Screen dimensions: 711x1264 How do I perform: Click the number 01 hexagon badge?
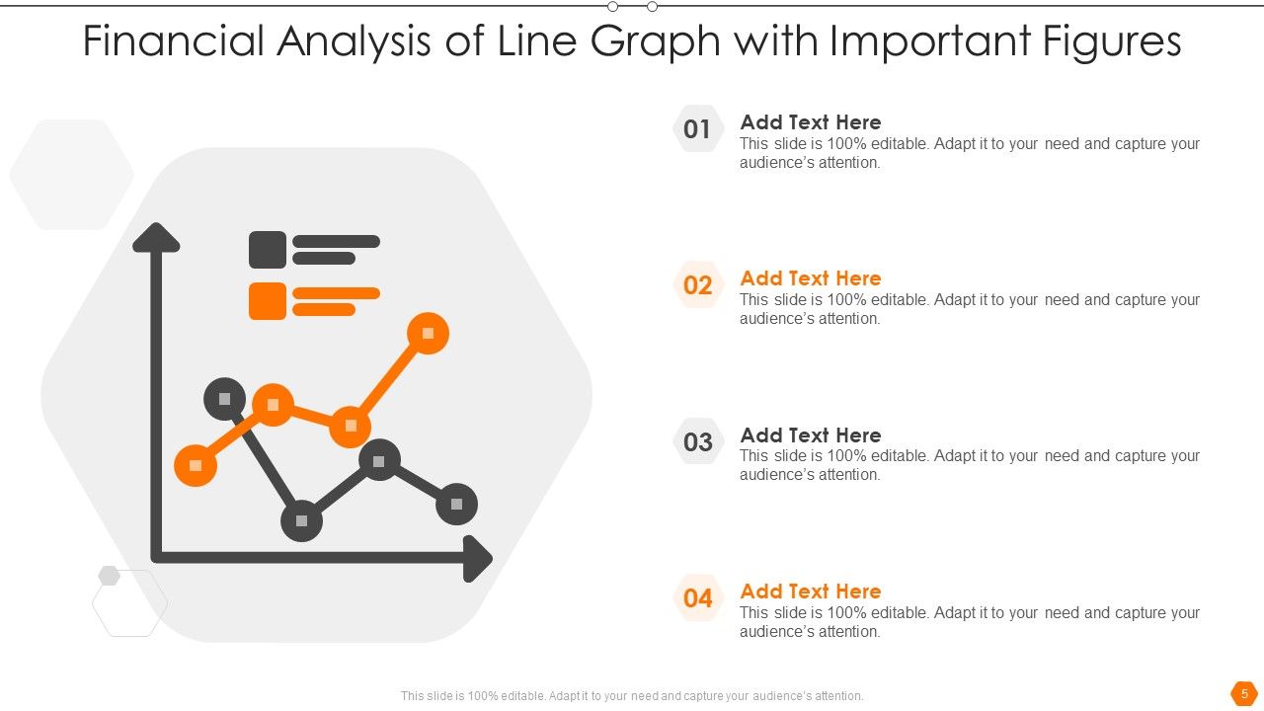tap(697, 129)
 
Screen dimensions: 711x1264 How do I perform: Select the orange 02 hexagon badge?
tap(697, 285)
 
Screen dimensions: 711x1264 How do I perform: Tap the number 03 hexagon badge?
tap(697, 441)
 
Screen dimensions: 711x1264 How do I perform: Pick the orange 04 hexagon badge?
tap(697, 597)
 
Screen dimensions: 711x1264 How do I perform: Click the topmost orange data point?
tap(428, 333)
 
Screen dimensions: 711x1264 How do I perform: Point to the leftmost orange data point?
tap(196, 465)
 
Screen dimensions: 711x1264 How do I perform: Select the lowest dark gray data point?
tap(301, 520)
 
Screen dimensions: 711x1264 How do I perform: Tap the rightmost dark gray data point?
tap(456, 504)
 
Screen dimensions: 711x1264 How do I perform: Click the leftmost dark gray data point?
tap(224, 398)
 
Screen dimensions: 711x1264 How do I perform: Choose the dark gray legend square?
tap(268, 250)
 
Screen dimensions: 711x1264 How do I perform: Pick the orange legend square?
tap(268, 301)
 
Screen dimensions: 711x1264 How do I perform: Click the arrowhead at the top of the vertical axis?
tap(156, 237)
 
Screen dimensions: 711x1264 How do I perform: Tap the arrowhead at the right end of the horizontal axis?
tap(479, 559)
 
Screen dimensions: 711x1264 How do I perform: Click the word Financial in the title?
tap(174, 41)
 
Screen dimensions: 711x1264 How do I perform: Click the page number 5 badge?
tap(1244, 693)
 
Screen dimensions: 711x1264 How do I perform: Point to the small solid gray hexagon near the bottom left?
tap(109, 576)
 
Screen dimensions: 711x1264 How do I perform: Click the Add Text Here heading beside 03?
tap(811, 434)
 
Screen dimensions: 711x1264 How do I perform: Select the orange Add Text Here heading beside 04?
tap(811, 591)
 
